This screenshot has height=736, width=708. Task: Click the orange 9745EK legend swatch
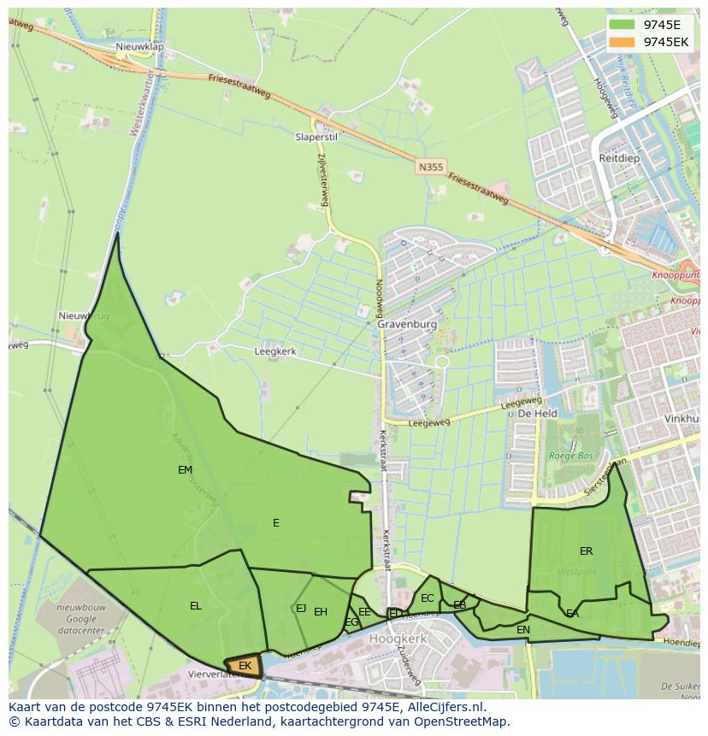tap(622, 42)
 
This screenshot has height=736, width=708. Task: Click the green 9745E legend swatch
tap(622, 25)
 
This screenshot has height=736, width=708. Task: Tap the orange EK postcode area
tap(243, 666)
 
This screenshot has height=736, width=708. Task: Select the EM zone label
tap(185, 470)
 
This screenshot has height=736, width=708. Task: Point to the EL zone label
tap(196, 606)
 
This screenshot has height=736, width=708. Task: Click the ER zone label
tap(586, 551)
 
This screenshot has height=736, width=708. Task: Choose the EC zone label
tap(428, 598)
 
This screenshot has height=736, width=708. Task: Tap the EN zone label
tap(523, 630)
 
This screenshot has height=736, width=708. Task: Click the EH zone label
tap(321, 612)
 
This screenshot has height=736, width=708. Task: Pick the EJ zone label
tap(301, 609)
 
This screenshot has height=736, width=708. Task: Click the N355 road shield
tap(431, 168)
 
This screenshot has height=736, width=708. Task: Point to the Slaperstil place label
tap(316, 137)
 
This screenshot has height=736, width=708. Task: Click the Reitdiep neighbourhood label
tap(619, 159)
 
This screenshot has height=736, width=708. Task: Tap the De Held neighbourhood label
tap(538, 414)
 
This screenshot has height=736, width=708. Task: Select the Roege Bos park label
tap(570, 456)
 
